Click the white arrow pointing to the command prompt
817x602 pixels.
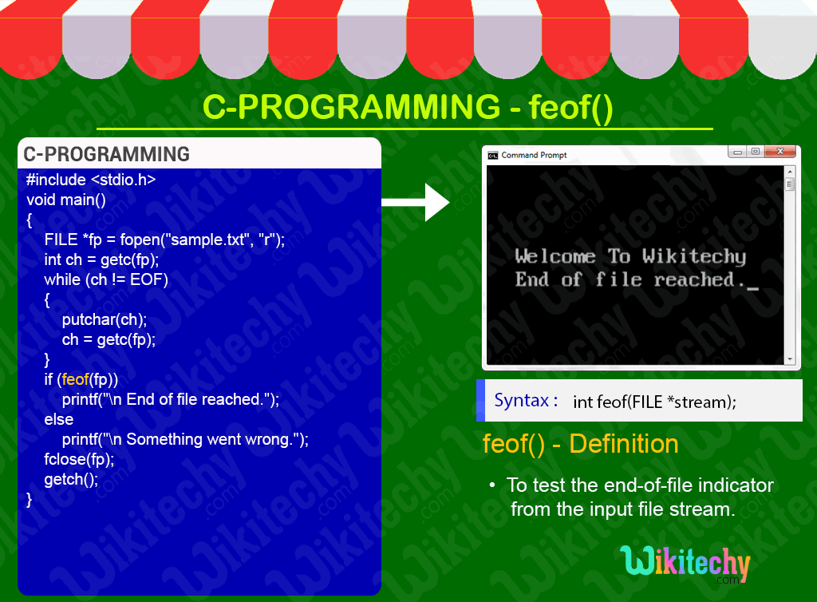pyautogui.click(x=417, y=201)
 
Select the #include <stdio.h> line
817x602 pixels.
pyautogui.click(x=91, y=180)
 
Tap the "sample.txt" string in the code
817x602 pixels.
pyautogui.click(x=209, y=240)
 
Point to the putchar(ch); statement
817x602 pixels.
pyautogui.click(x=105, y=319)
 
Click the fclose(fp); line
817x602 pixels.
pyautogui.click(x=79, y=459)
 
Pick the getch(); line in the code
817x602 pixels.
pyautogui.click(x=71, y=479)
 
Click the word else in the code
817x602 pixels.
pyautogui.click(x=58, y=419)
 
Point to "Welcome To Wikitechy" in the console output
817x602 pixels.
pyautogui.click(x=630, y=256)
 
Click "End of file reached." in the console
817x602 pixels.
pyautogui.click(x=630, y=279)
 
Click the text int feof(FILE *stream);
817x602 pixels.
pyautogui.click(x=654, y=402)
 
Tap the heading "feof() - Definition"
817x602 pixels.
pyautogui.click(x=581, y=444)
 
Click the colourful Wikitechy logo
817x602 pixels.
pyautogui.click(x=685, y=564)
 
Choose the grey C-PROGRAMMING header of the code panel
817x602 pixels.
pyautogui.click(x=107, y=154)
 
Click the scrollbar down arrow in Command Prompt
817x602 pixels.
pyautogui.click(x=790, y=359)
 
